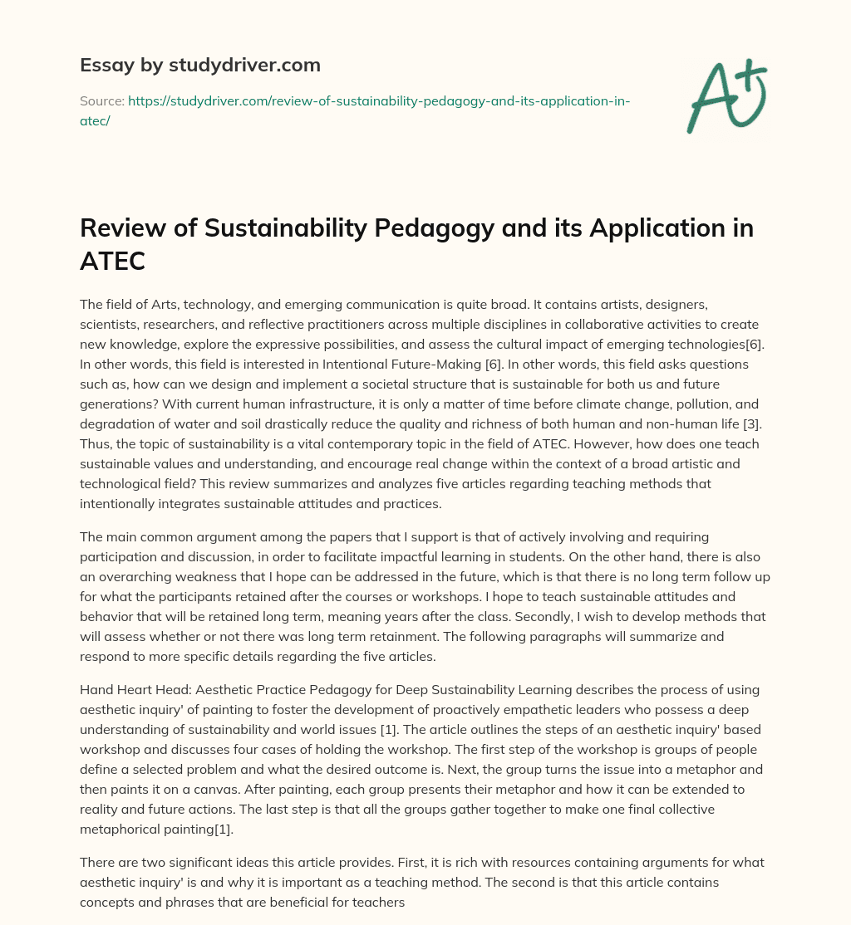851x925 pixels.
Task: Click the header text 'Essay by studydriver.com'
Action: (199, 65)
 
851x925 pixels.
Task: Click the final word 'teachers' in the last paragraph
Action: (376, 900)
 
